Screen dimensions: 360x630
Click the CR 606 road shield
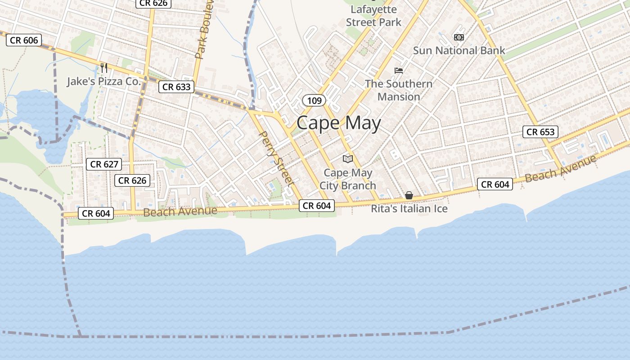24,40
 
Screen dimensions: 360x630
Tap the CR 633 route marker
176,87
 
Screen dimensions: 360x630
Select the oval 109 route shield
314,100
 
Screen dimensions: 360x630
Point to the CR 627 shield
104,164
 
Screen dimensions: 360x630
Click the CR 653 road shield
540,132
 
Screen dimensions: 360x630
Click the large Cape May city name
338,123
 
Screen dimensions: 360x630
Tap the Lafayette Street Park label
373,16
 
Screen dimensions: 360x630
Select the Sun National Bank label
459,50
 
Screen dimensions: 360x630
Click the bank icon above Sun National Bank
459,37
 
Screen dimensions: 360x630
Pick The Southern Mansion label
399,90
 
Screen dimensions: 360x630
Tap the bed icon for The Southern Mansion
399,70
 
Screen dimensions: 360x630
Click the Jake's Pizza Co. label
104,81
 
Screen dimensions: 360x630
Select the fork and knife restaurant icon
104,68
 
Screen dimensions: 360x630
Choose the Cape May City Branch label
348,179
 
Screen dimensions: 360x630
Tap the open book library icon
348,159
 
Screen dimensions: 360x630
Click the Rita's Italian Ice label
409,209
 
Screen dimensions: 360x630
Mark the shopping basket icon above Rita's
409,195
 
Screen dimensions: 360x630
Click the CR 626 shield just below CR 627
132,180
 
